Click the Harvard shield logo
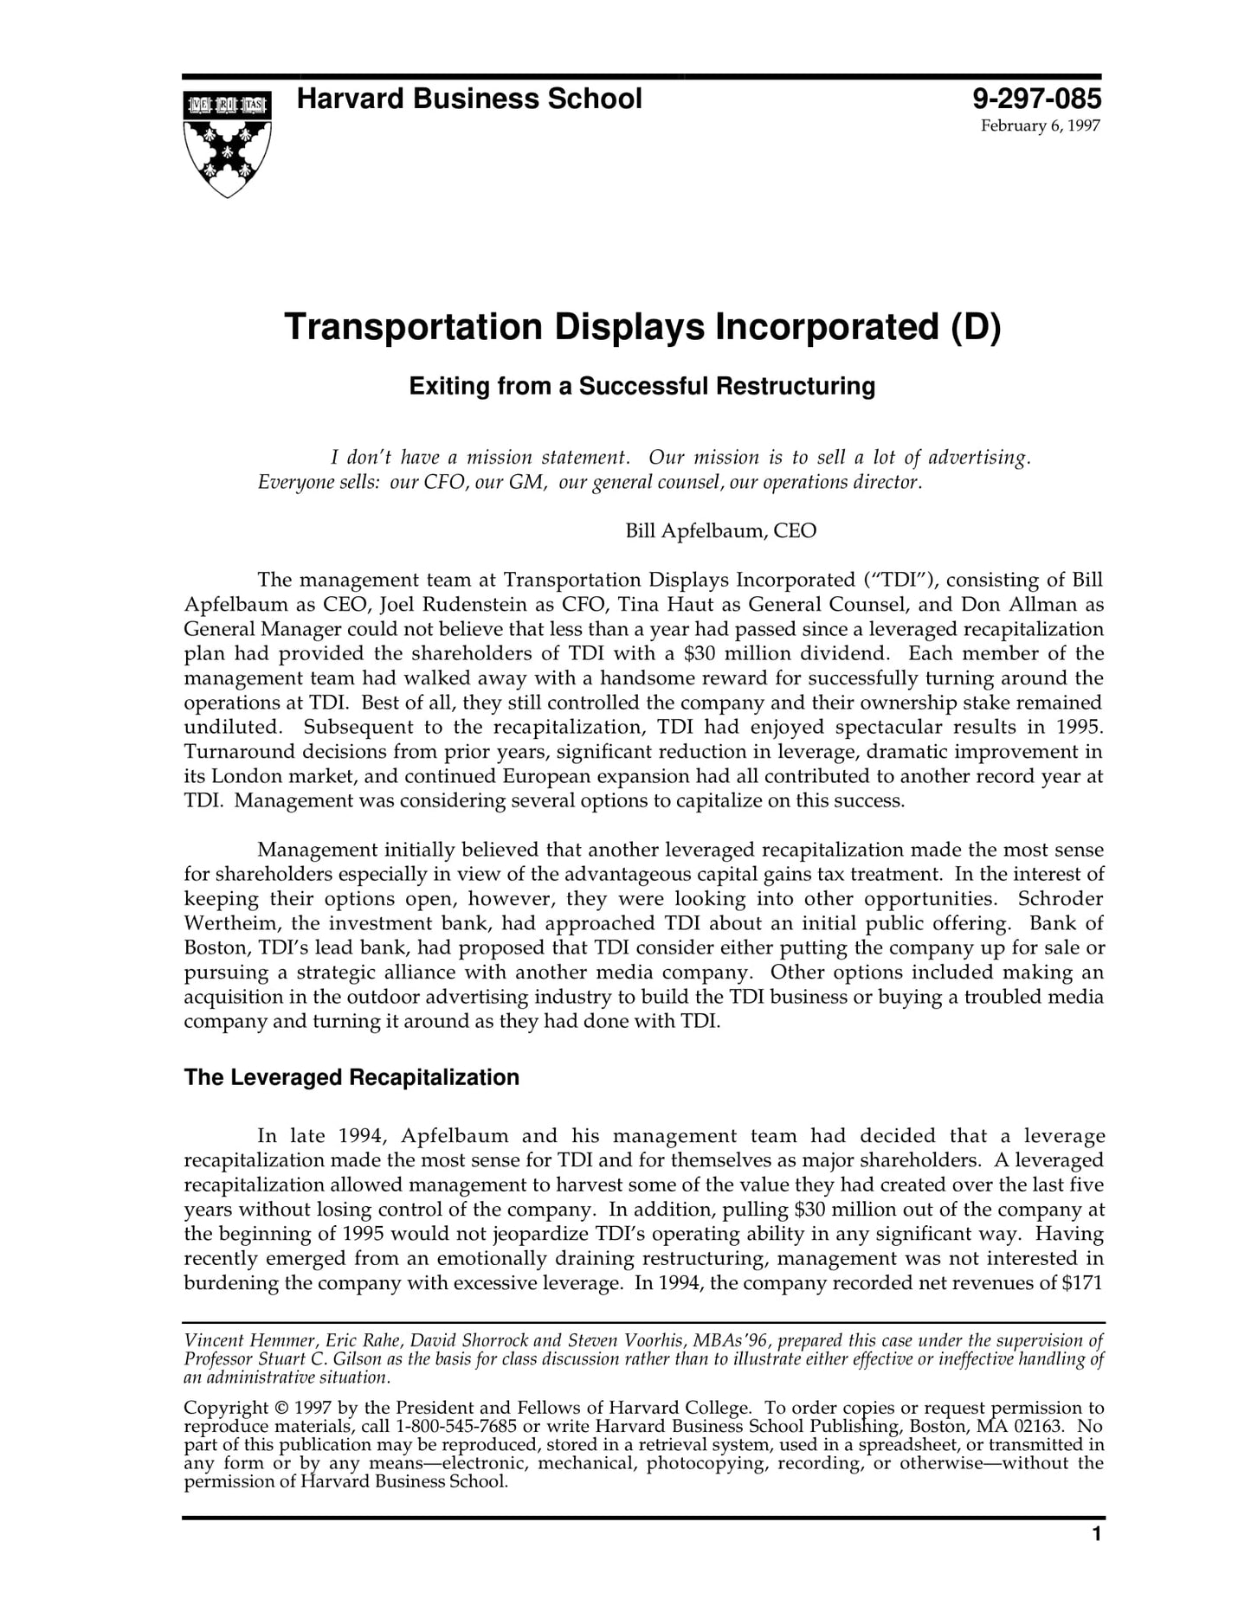pyautogui.click(x=228, y=143)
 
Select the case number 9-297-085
pyautogui.click(x=1036, y=100)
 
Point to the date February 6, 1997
pyautogui.click(x=1040, y=126)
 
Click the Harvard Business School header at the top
pyautogui.click(x=469, y=100)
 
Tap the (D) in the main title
pyautogui.click(x=976, y=328)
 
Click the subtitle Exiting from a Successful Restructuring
pyautogui.click(x=642, y=386)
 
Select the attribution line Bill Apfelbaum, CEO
pyautogui.click(x=720, y=530)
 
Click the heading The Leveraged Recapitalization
pyautogui.click(x=351, y=1077)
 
